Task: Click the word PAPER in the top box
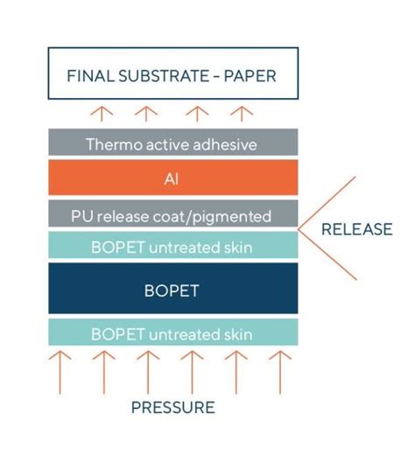[250, 76]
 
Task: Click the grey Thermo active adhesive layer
[172, 144]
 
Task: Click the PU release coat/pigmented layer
[172, 215]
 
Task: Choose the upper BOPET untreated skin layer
[172, 246]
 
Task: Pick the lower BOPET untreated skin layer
[172, 333]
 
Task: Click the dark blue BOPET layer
[172, 290]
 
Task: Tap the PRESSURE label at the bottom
[172, 407]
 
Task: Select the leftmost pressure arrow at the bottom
[60, 371]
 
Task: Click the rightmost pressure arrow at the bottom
[278, 371]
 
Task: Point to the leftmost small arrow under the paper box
[102, 114]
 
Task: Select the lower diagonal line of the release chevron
[328, 256]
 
